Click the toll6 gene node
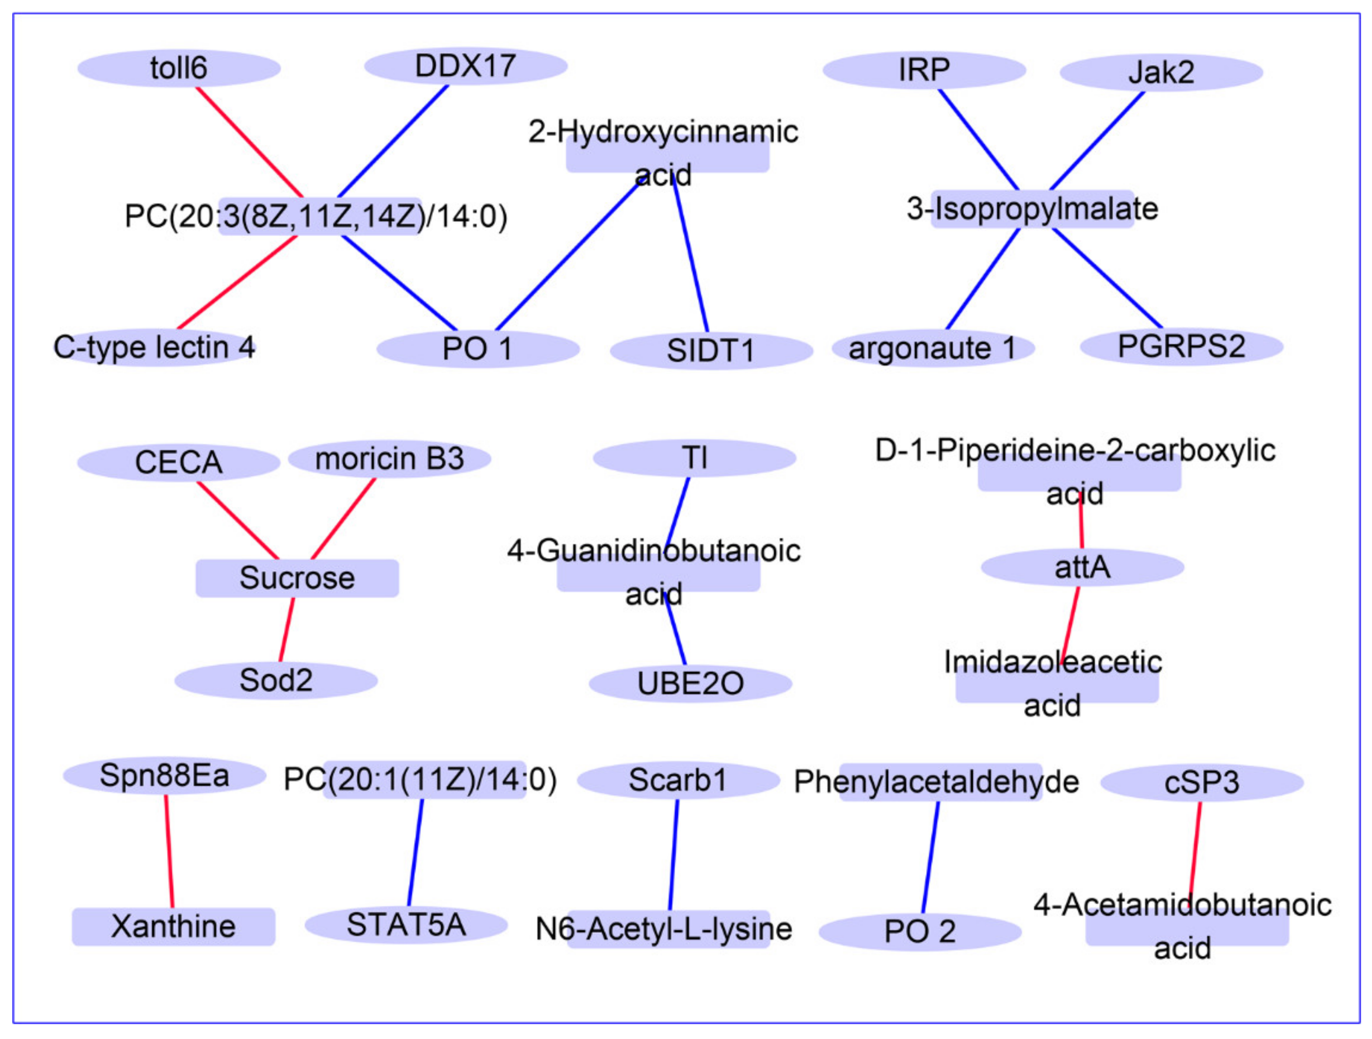pyautogui.click(x=179, y=68)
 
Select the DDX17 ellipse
pyautogui.click(x=465, y=66)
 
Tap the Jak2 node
pyautogui.click(x=1161, y=72)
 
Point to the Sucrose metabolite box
pyautogui.click(x=297, y=578)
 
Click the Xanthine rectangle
pyautogui.click(x=173, y=927)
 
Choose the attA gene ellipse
pyautogui.click(x=1083, y=567)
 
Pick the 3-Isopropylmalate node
pyautogui.click(x=1032, y=209)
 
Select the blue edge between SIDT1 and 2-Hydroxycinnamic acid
pyautogui.click(x=691, y=255)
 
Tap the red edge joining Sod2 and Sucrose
pyautogui.click(x=286, y=630)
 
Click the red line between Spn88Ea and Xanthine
pyautogui.click(x=169, y=851)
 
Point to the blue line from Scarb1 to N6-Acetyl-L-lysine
pyautogui.click(x=674, y=855)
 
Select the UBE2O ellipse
pyautogui.click(x=690, y=683)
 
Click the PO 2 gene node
pyautogui.click(x=920, y=932)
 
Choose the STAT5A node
pyautogui.click(x=406, y=925)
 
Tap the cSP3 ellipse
pyautogui.click(x=1201, y=782)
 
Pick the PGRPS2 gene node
pyautogui.click(x=1181, y=346)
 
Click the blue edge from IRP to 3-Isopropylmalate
pyautogui.click(x=978, y=139)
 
